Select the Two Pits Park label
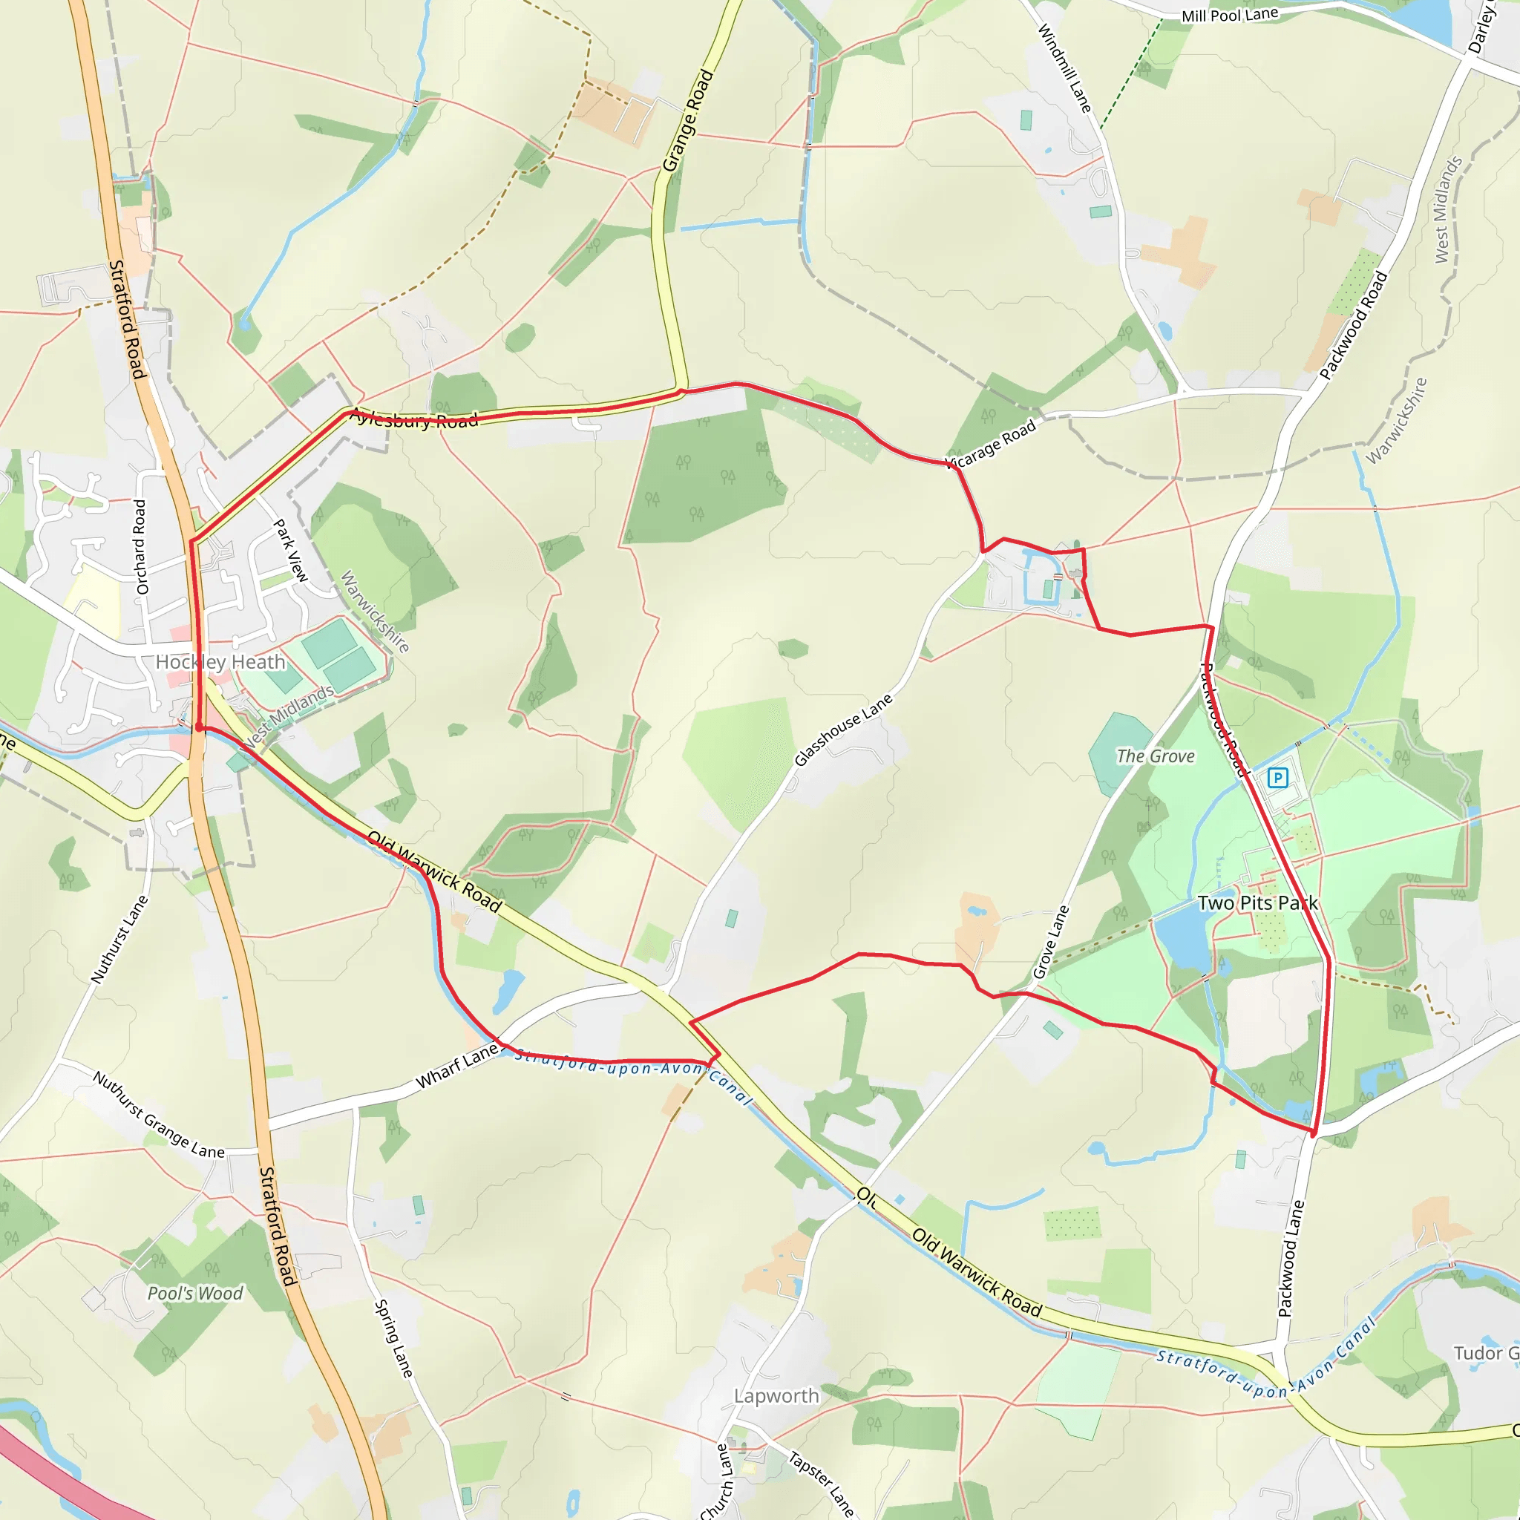[1257, 902]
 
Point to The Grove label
[1155, 756]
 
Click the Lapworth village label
[776, 1396]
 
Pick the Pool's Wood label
[195, 1294]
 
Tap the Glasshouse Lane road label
[843, 730]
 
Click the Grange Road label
[687, 120]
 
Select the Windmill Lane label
[1064, 68]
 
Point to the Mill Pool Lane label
[1230, 15]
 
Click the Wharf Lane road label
[457, 1066]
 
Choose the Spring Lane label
[393, 1338]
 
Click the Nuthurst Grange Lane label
[158, 1115]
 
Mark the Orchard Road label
[141, 547]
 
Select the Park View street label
[290, 550]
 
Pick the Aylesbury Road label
[414, 419]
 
